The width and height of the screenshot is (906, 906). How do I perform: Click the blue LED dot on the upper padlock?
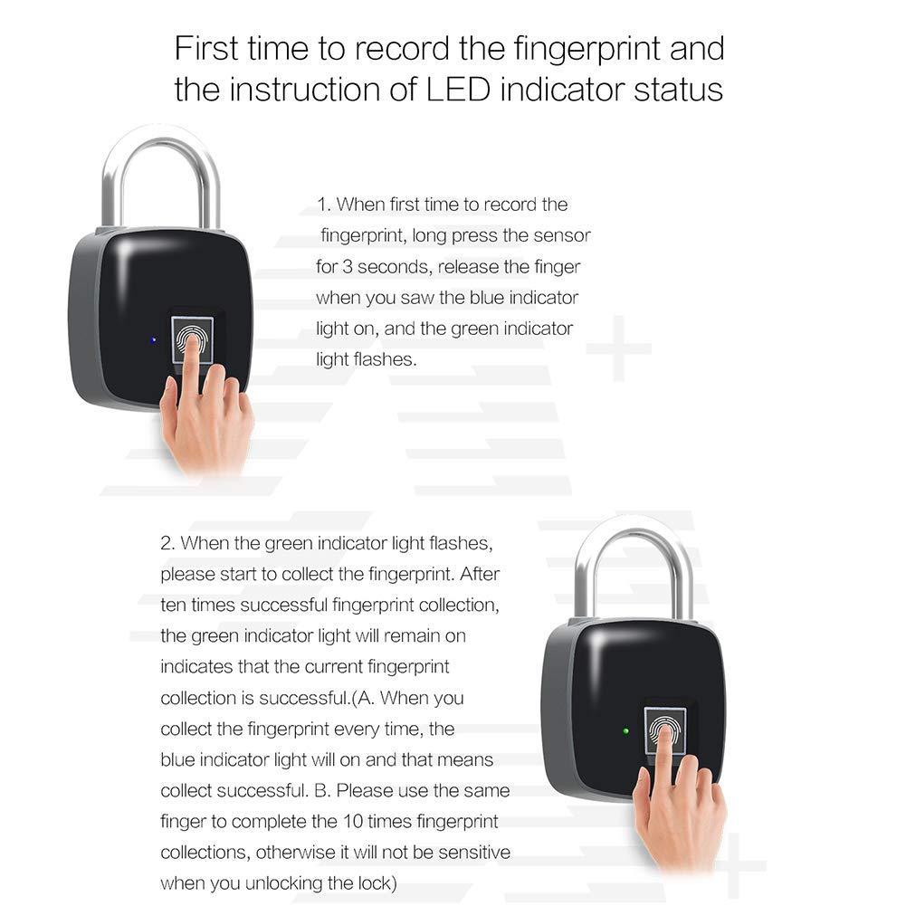(x=154, y=340)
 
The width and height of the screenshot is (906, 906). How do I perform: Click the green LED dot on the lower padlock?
(x=625, y=730)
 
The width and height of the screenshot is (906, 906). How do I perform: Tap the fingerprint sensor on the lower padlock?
(x=664, y=730)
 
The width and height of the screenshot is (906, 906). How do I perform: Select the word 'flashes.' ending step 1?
(x=382, y=359)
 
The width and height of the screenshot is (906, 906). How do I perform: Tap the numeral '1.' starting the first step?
(x=324, y=205)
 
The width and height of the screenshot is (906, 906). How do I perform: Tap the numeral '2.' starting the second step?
(x=167, y=543)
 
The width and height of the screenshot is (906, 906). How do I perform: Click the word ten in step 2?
(x=173, y=605)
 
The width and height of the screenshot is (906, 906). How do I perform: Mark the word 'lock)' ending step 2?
(x=374, y=883)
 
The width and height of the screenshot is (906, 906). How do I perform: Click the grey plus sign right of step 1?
(x=618, y=348)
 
